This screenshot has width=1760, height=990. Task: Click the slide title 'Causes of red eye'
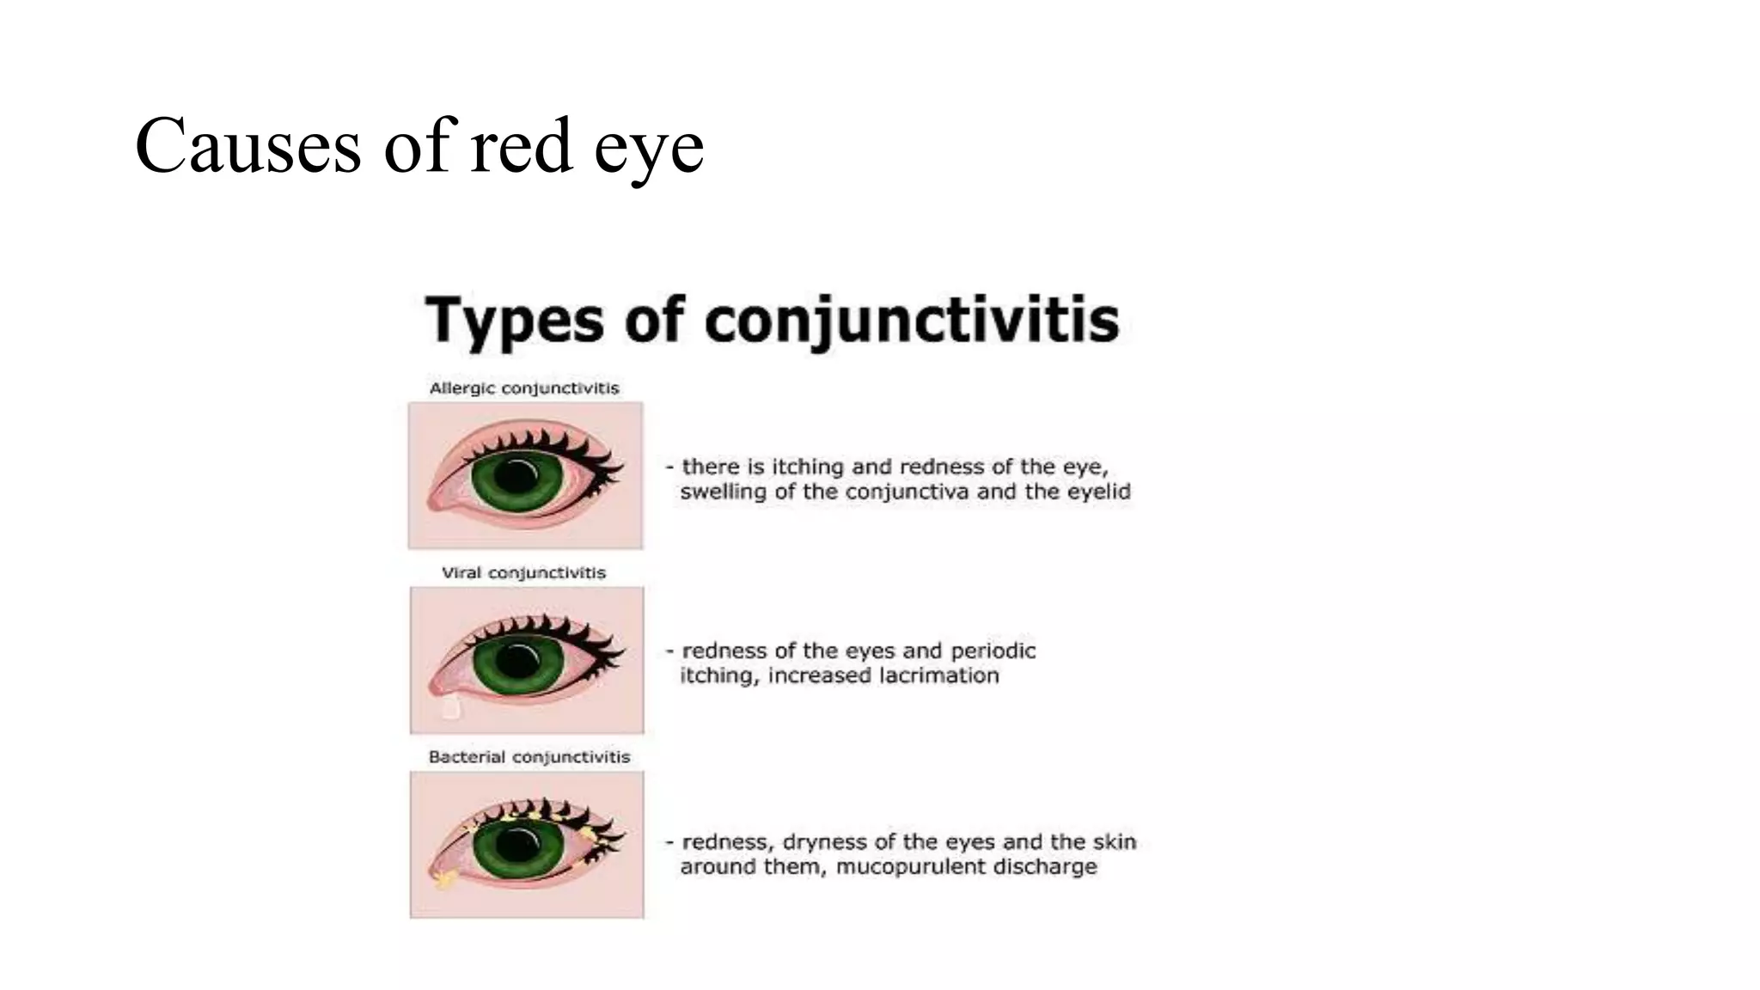419,146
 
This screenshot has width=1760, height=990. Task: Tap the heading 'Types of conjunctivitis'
772,320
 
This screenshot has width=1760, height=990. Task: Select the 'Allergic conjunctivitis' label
524,388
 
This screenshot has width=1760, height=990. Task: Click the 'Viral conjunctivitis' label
523,573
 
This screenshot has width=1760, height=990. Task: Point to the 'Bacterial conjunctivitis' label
529,757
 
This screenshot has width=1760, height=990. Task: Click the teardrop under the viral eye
450,708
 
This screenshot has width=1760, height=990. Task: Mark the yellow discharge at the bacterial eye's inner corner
444,878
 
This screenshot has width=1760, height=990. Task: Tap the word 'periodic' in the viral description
993,651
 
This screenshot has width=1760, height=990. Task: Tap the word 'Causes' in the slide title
248,146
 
